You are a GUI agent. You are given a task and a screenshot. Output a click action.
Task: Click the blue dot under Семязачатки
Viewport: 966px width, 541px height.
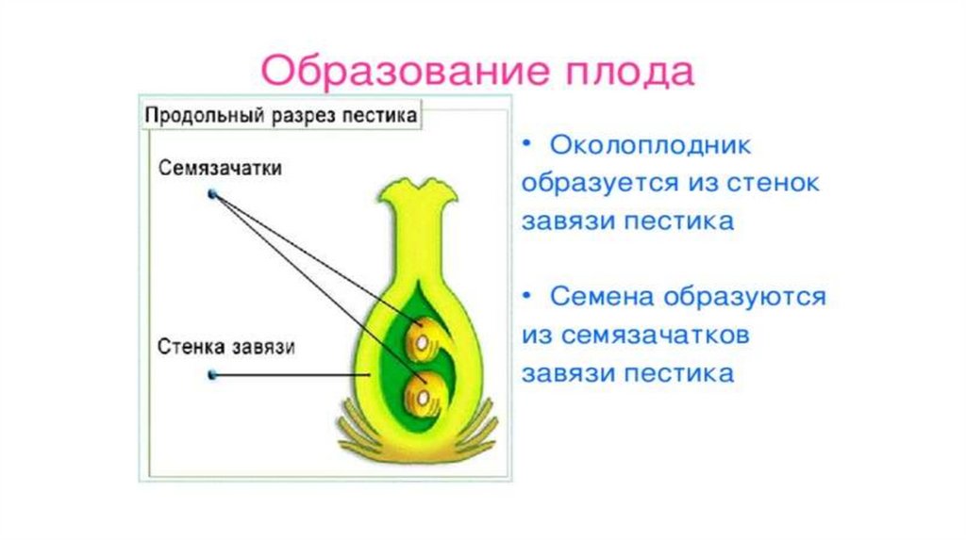213,194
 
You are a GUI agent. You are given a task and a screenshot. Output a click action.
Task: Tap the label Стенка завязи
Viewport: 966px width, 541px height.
227,347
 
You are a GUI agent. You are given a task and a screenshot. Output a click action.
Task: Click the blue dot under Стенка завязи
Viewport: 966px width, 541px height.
213,375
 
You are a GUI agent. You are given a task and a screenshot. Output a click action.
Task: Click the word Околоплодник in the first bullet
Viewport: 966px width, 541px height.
650,146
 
